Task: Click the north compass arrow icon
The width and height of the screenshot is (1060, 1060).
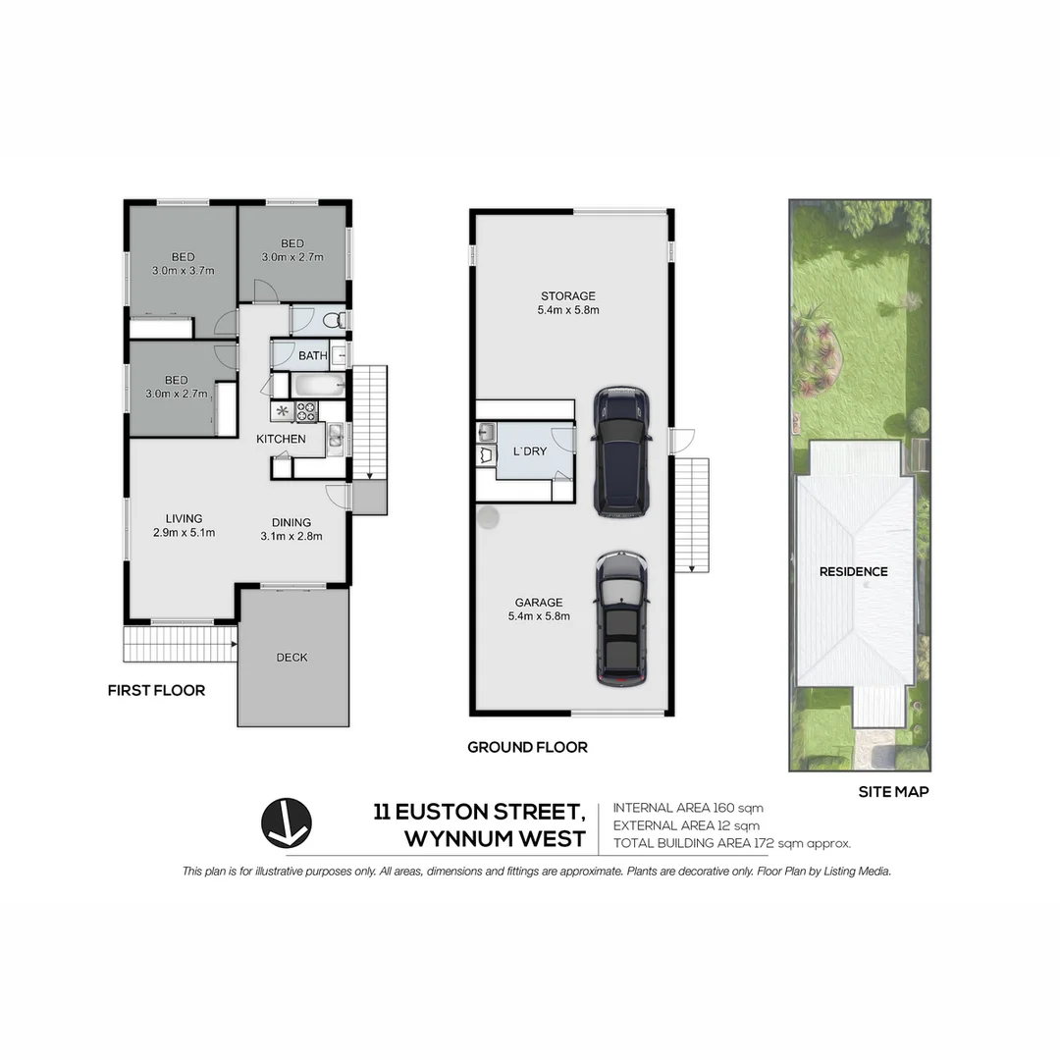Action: pyautogui.click(x=287, y=822)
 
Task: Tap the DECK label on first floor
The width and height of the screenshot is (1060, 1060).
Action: pyautogui.click(x=291, y=658)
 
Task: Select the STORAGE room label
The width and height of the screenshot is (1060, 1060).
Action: pyautogui.click(x=568, y=295)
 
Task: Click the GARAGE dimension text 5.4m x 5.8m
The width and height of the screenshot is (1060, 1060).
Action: pyautogui.click(x=539, y=616)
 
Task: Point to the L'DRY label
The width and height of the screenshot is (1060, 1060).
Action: pyautogui.click(x=530, y=451)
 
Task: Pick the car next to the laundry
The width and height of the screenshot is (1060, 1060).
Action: pyautogui.click(x=622, y=450)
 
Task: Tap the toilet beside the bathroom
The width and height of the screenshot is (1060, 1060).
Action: pyautogui.click(x=333, y=319)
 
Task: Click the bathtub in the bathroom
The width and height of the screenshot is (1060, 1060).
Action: pyautogui.click(x=308, y=385)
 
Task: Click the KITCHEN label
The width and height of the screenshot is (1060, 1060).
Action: pyautogui.click(x=282, y=439)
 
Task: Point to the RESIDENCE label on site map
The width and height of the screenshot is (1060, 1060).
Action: pyautogui.click(x=854, y=571)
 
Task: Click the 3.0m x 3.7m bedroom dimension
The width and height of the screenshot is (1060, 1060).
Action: pyautogui.click(x=183, y=270)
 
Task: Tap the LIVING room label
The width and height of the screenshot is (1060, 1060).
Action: pyautogui.click(x=184, y=518)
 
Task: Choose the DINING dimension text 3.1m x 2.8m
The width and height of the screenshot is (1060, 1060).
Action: pyautogui.click(x=291, y=536)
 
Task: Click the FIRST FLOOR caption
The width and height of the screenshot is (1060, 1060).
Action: pyautogui.click(x=156, y=691)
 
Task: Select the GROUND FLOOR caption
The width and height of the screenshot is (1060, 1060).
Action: pyautogui.click(x=527, y=748)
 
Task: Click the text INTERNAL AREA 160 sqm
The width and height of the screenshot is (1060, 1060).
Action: pyautogui.click(x=688, y=808)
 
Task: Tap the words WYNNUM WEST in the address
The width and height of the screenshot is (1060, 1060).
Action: pyautogui.click(x=495, y=839)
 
